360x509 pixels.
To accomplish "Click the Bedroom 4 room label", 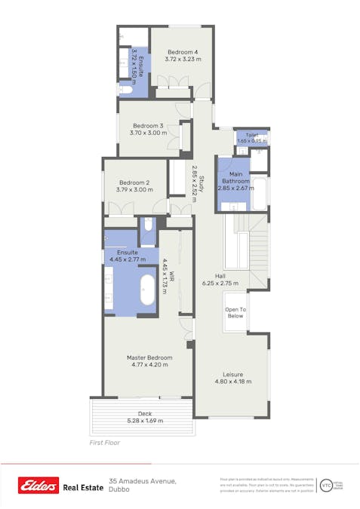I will pyautogui.click(x=183, y=51).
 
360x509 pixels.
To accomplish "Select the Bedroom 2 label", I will pyautogui.click(x=134, y=182).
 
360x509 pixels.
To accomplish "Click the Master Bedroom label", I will pyautogui.click(x=149, y=357).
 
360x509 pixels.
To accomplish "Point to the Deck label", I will pyautogui.click(x=145, y=414).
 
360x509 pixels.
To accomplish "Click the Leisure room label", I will pyautogui.click(x=232, y=374).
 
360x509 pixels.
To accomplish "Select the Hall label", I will pyautogui.click(x=220, y=276).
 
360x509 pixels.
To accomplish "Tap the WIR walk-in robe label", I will pyautogui.click(x=172, y=276).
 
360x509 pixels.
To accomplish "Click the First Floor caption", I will pyautogui.click(x=104, y=443).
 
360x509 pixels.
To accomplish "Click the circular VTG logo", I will pyautogui.click(x=325, y=486).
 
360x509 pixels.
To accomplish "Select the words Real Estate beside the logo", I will pyautogui.click(x=83, y=487).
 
